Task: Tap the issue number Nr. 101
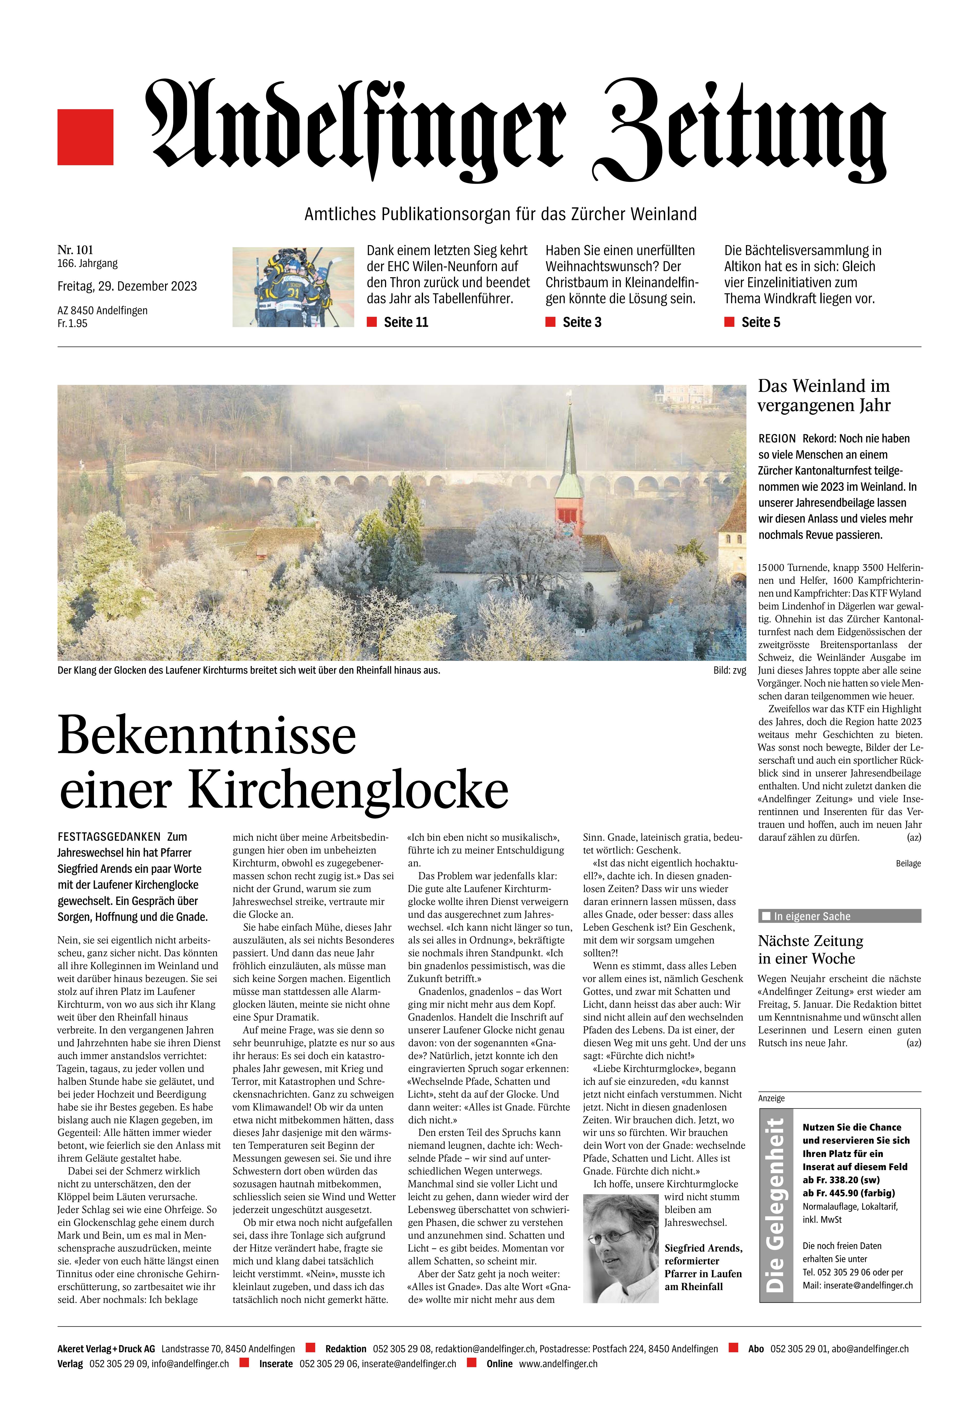pos(75,250)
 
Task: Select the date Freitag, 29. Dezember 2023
pos(127,286)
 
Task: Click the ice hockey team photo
pos(293,286)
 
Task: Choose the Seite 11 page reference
pos(405,322)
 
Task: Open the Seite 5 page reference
pos(760,322)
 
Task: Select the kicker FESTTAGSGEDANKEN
pos(109,837)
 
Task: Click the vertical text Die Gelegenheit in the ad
pos(776,1205)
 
